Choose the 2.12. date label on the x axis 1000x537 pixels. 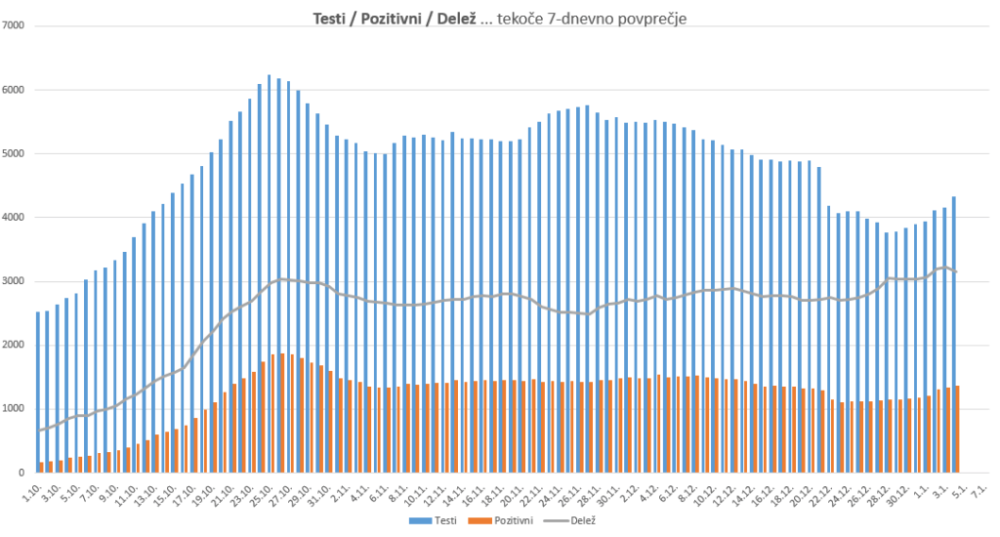coord(626,491)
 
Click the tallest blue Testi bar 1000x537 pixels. coord(269,273)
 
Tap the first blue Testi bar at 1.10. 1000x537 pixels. coord(38,391)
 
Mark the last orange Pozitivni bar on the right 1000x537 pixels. coord(958,430)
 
